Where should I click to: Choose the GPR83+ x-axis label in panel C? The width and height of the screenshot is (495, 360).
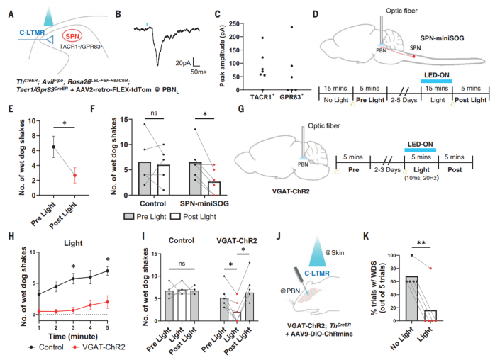tap(281, 94)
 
